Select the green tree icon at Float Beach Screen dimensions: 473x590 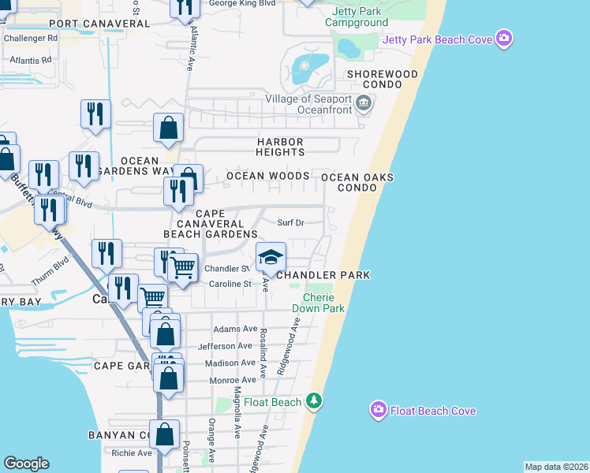pyautogui.click(x=315, y=401)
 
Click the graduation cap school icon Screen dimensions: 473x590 pyautogui.click(x=271, y=257)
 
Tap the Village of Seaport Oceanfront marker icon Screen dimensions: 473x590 pyautogui.click(x=363, y=101)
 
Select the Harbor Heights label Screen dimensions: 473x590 pyautogui.click(x=280, y=147)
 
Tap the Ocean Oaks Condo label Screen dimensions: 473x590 pyautogui.click(x=357, y=183)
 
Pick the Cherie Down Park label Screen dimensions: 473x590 pyautogui.click(x=319, y=304)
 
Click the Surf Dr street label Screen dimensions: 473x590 pyautogui.click(x=290, y=223)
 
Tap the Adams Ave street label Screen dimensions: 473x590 pyautogui.click(x=236, y=329)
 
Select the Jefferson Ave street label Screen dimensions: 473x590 pyautogui.click(x=227, y=346)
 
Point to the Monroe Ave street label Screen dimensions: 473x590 pyautogui.click(x=233, y=380)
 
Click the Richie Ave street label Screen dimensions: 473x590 pyautogui.click(x=131, y=453)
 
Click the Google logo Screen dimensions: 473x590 pyautogui.click(x=26, y=464)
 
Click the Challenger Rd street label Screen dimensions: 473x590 pyautogui.click(x=31, y=37)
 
